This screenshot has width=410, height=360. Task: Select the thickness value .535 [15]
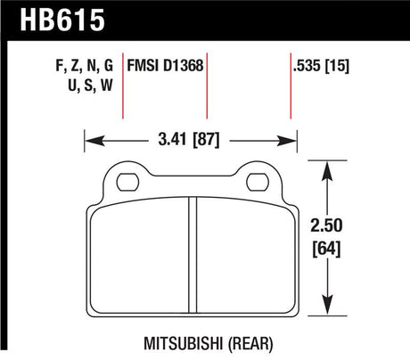tap(319, 65)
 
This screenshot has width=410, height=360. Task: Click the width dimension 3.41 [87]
tap(189, 139)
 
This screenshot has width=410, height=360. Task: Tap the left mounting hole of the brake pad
tap(126, 180)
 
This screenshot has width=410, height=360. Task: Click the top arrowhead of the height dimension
tap(329, 166)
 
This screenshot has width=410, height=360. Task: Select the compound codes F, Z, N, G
tap(86, 65)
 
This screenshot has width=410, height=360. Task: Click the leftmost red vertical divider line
tap(124, 89)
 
